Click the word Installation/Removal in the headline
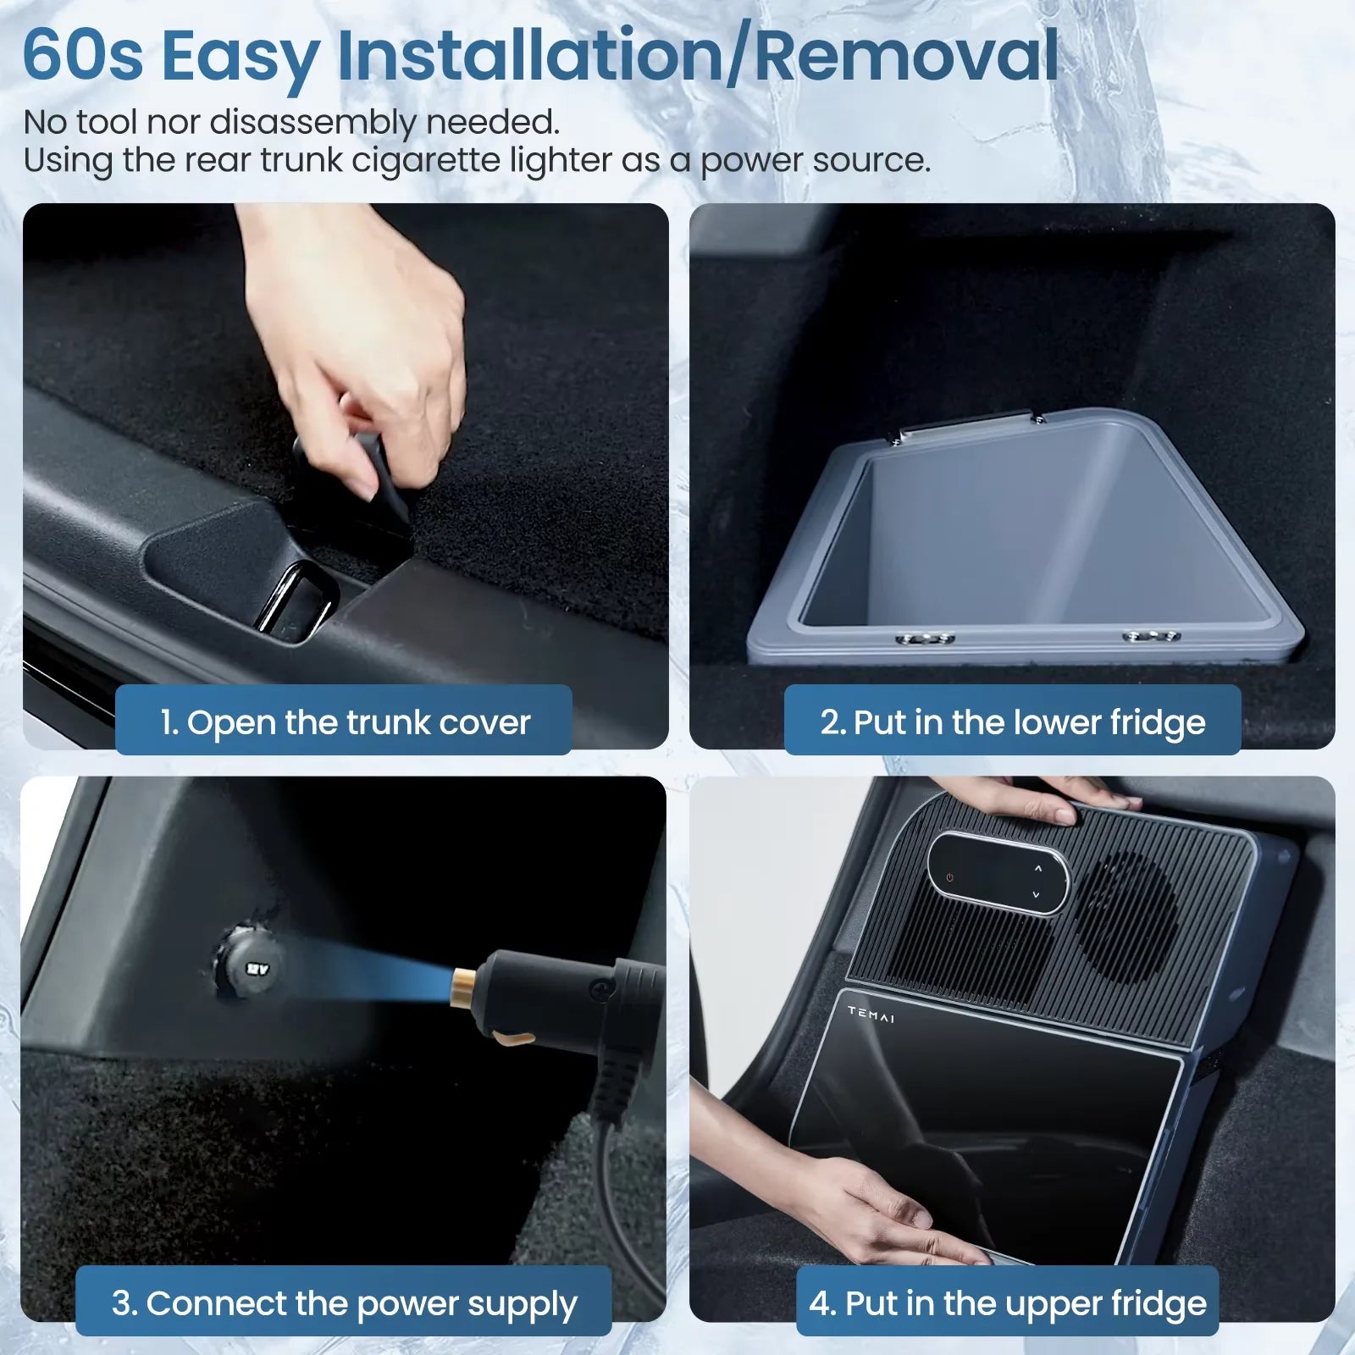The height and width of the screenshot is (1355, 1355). [698, 56]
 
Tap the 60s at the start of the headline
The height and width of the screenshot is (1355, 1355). [82, 56]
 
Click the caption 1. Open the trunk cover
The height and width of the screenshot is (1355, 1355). [344, 722]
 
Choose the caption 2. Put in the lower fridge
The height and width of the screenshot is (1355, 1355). [1012, 722]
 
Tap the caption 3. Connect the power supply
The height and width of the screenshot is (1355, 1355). [344, 1303]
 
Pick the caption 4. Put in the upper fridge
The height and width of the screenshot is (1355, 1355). [1007, 1303]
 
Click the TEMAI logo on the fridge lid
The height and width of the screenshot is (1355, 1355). [871, 1014]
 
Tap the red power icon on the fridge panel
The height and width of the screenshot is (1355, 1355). [950, 877]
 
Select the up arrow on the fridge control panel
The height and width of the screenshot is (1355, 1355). [1038, 869]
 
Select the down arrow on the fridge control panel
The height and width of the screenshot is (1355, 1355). [1035, 894]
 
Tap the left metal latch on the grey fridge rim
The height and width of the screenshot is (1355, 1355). [925, 638]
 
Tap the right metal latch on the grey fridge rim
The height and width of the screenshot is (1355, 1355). [1150, 635]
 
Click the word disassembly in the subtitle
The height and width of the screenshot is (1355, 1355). [312, 123]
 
